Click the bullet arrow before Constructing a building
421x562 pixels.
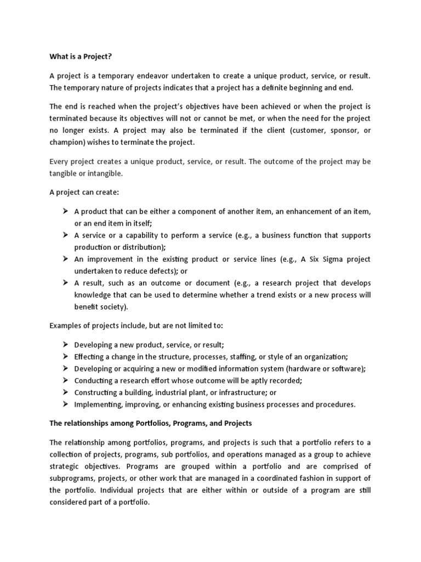click(64, 392)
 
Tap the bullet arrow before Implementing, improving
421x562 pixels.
click(64, 404)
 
